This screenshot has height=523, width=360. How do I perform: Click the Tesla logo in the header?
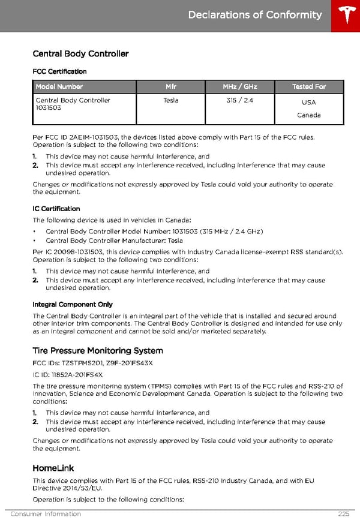click(346, 16)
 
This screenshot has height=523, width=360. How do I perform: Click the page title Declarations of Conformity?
click(255, 15)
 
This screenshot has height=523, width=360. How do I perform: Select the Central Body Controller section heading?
click(80, 54)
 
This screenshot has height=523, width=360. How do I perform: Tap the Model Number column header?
click(59, 87)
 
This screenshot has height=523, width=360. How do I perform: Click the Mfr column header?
click(171, 87)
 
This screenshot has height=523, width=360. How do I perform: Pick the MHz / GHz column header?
click(240, 87)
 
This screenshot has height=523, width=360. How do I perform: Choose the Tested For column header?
click(309, 87)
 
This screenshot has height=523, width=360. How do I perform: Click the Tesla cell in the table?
click(171, 100)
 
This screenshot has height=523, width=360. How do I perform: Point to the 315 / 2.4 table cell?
click(240, 100)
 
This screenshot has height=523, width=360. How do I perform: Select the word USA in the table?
click(309, 103)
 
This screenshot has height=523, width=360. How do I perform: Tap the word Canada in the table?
click(309, 115)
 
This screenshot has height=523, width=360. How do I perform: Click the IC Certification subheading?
click(56, 209)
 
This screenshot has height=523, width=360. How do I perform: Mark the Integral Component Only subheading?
click(73, 305)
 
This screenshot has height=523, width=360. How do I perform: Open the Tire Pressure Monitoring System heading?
click(98, 351)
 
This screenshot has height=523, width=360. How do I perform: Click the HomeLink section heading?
click(53, 468)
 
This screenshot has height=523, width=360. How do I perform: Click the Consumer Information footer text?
click(46, 514)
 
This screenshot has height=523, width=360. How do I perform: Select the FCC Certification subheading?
click(59, 71)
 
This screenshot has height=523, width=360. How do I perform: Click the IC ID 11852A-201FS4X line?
click(68, 375)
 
